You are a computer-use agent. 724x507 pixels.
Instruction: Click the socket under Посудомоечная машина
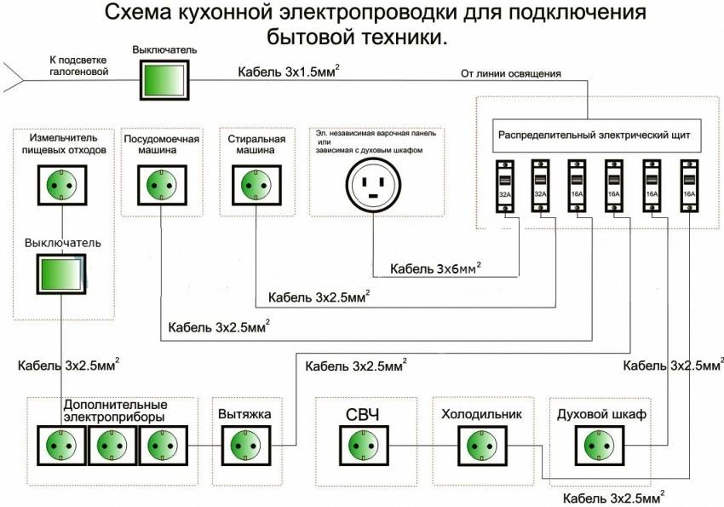pos(162,185)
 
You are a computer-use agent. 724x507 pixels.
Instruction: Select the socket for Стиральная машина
pos(256,185)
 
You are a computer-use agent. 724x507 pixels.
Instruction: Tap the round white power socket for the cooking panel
pos(374,185)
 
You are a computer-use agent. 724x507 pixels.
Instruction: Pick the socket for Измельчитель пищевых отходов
pos(62,185)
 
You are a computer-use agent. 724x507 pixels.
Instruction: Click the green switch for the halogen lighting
pos(165,80)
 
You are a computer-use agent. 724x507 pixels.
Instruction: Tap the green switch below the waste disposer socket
pos(61,274)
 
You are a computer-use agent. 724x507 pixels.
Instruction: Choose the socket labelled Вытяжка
pos(246,446)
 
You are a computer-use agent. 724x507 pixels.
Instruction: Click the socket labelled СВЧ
pos(364,446)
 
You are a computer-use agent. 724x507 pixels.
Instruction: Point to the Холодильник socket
pos(482,446)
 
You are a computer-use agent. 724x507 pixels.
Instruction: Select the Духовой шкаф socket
pos(600,446)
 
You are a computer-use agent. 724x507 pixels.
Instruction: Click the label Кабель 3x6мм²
pos(435,268)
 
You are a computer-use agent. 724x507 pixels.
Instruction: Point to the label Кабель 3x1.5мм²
pos(289,72)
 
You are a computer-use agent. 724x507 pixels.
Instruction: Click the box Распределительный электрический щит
pos(596,135)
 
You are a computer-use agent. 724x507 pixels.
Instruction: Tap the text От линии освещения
pos(511,74)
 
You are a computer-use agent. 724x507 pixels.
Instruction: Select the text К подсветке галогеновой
pos(78,66)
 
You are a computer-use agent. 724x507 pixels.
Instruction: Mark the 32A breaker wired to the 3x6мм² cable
pos(505,186)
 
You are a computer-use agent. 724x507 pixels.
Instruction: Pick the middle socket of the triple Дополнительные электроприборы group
pos(112,446)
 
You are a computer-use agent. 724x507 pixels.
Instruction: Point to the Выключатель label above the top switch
pos(165,50)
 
